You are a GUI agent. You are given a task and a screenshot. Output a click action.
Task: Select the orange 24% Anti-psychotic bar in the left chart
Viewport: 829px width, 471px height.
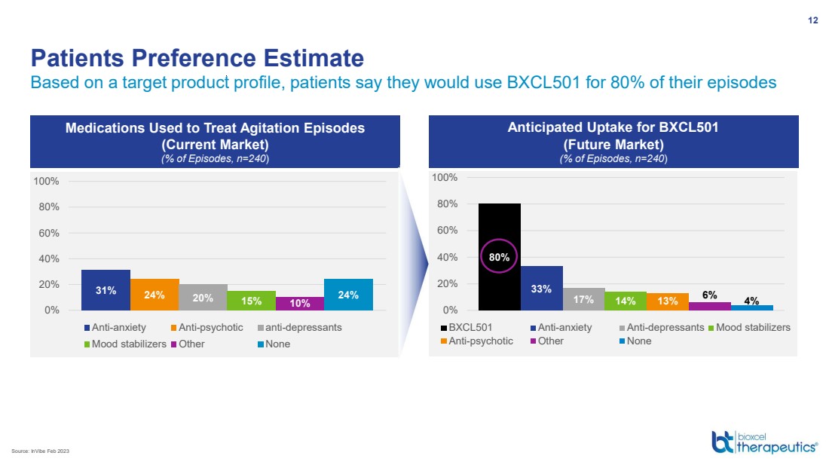(x=154, y=295)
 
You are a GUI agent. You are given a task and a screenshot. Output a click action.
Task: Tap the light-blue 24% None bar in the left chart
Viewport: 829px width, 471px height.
(x=348, y=295)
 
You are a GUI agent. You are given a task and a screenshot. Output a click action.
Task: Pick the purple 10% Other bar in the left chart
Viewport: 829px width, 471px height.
(x=300, y=303)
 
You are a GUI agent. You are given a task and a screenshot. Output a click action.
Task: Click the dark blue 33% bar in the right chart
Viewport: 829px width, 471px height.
(x=541, y=288)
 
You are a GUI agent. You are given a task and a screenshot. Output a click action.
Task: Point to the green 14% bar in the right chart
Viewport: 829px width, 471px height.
(x=626, y=301)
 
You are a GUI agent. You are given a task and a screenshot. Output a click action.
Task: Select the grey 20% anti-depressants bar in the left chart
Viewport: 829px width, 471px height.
(x=203, y=297)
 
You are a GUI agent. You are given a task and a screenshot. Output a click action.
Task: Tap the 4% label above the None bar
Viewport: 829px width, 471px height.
(x=751, y=300)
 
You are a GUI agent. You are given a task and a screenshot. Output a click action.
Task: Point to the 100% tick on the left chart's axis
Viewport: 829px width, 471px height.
(x=46, y=182)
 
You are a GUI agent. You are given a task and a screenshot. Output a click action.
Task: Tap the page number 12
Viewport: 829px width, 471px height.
(x=812, y=20)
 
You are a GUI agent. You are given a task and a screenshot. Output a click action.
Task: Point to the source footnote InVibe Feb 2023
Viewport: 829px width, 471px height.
(x=44, y=451)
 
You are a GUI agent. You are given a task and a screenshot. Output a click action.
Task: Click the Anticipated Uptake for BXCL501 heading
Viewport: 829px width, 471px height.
(x=613, y=128)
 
